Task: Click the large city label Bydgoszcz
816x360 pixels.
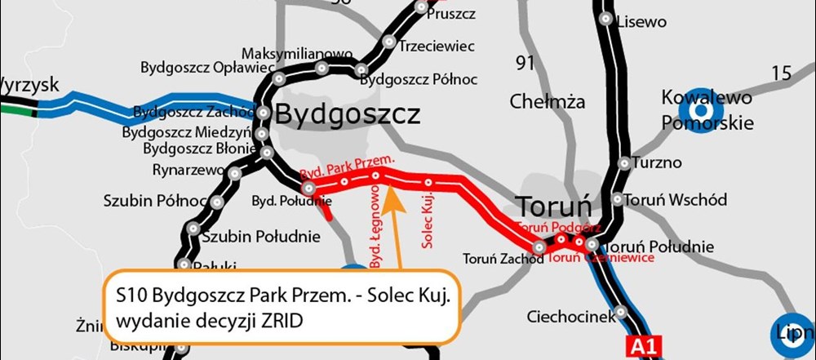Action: pyautogui.click(x=348, y=114)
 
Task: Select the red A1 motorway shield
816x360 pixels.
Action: pyautogui.click(x=640, y=346)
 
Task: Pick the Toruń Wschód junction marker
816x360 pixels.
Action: pyautogui.click(x=617, y=199)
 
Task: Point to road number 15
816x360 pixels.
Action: pyautogui.click(x=781, y=73)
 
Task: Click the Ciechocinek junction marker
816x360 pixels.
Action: pyautogui.click(x=622, y=311)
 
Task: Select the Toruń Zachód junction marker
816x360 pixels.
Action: pyautogui.click(x=539, y=246)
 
